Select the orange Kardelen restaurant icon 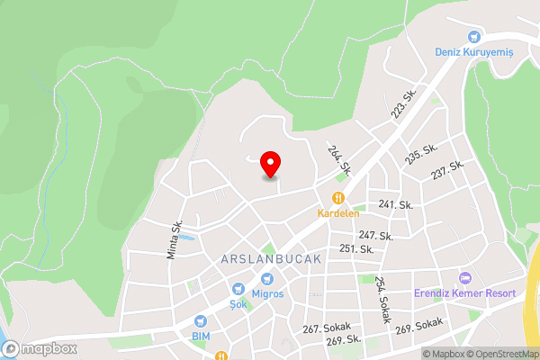[x=338, y=198]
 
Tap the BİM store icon [x=200, y=321]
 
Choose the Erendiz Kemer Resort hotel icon [x=464, y=278]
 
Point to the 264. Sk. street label [x=339, y=160]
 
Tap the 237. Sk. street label [x=447, y=169]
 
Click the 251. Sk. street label [x=357, y=248]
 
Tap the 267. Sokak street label [x=324, y=329]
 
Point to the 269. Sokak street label [x=419, y=326]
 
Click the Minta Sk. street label [x=175, y=240]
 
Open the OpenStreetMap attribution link [x=500, y=354]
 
